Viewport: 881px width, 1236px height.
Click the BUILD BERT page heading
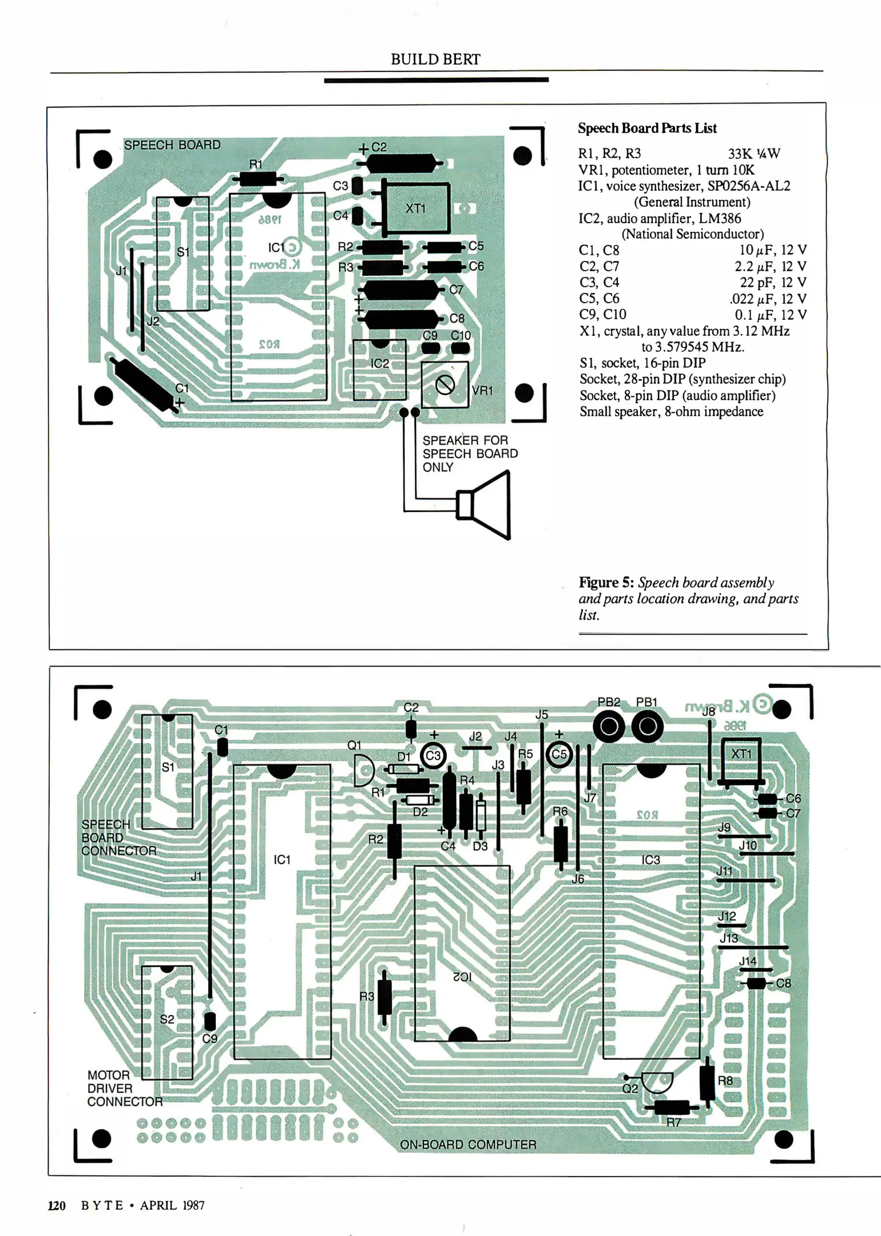tap(435, 60)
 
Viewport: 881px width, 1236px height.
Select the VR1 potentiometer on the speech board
tap(445, 385)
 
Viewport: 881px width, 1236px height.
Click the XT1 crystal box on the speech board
tap(416, 208)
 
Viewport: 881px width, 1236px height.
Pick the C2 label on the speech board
tap(379, 147)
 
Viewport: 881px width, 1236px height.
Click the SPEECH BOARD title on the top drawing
tap(172, 145)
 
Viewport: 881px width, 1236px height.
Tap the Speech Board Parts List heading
tap(647, 128)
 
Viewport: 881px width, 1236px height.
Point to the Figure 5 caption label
tap(606, 583)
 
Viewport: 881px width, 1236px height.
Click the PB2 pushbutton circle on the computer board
tap(609, 727)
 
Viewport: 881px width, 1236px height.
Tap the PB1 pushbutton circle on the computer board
tap(648, 727)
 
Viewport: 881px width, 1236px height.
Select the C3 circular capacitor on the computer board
tap(433, 755)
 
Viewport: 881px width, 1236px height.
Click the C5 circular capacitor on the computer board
tap(559, 754)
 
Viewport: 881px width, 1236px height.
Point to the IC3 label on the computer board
tap(650, 860)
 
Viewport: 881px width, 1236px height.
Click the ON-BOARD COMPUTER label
tap(468, 1144)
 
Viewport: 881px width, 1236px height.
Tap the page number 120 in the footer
tap(57, 1206)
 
